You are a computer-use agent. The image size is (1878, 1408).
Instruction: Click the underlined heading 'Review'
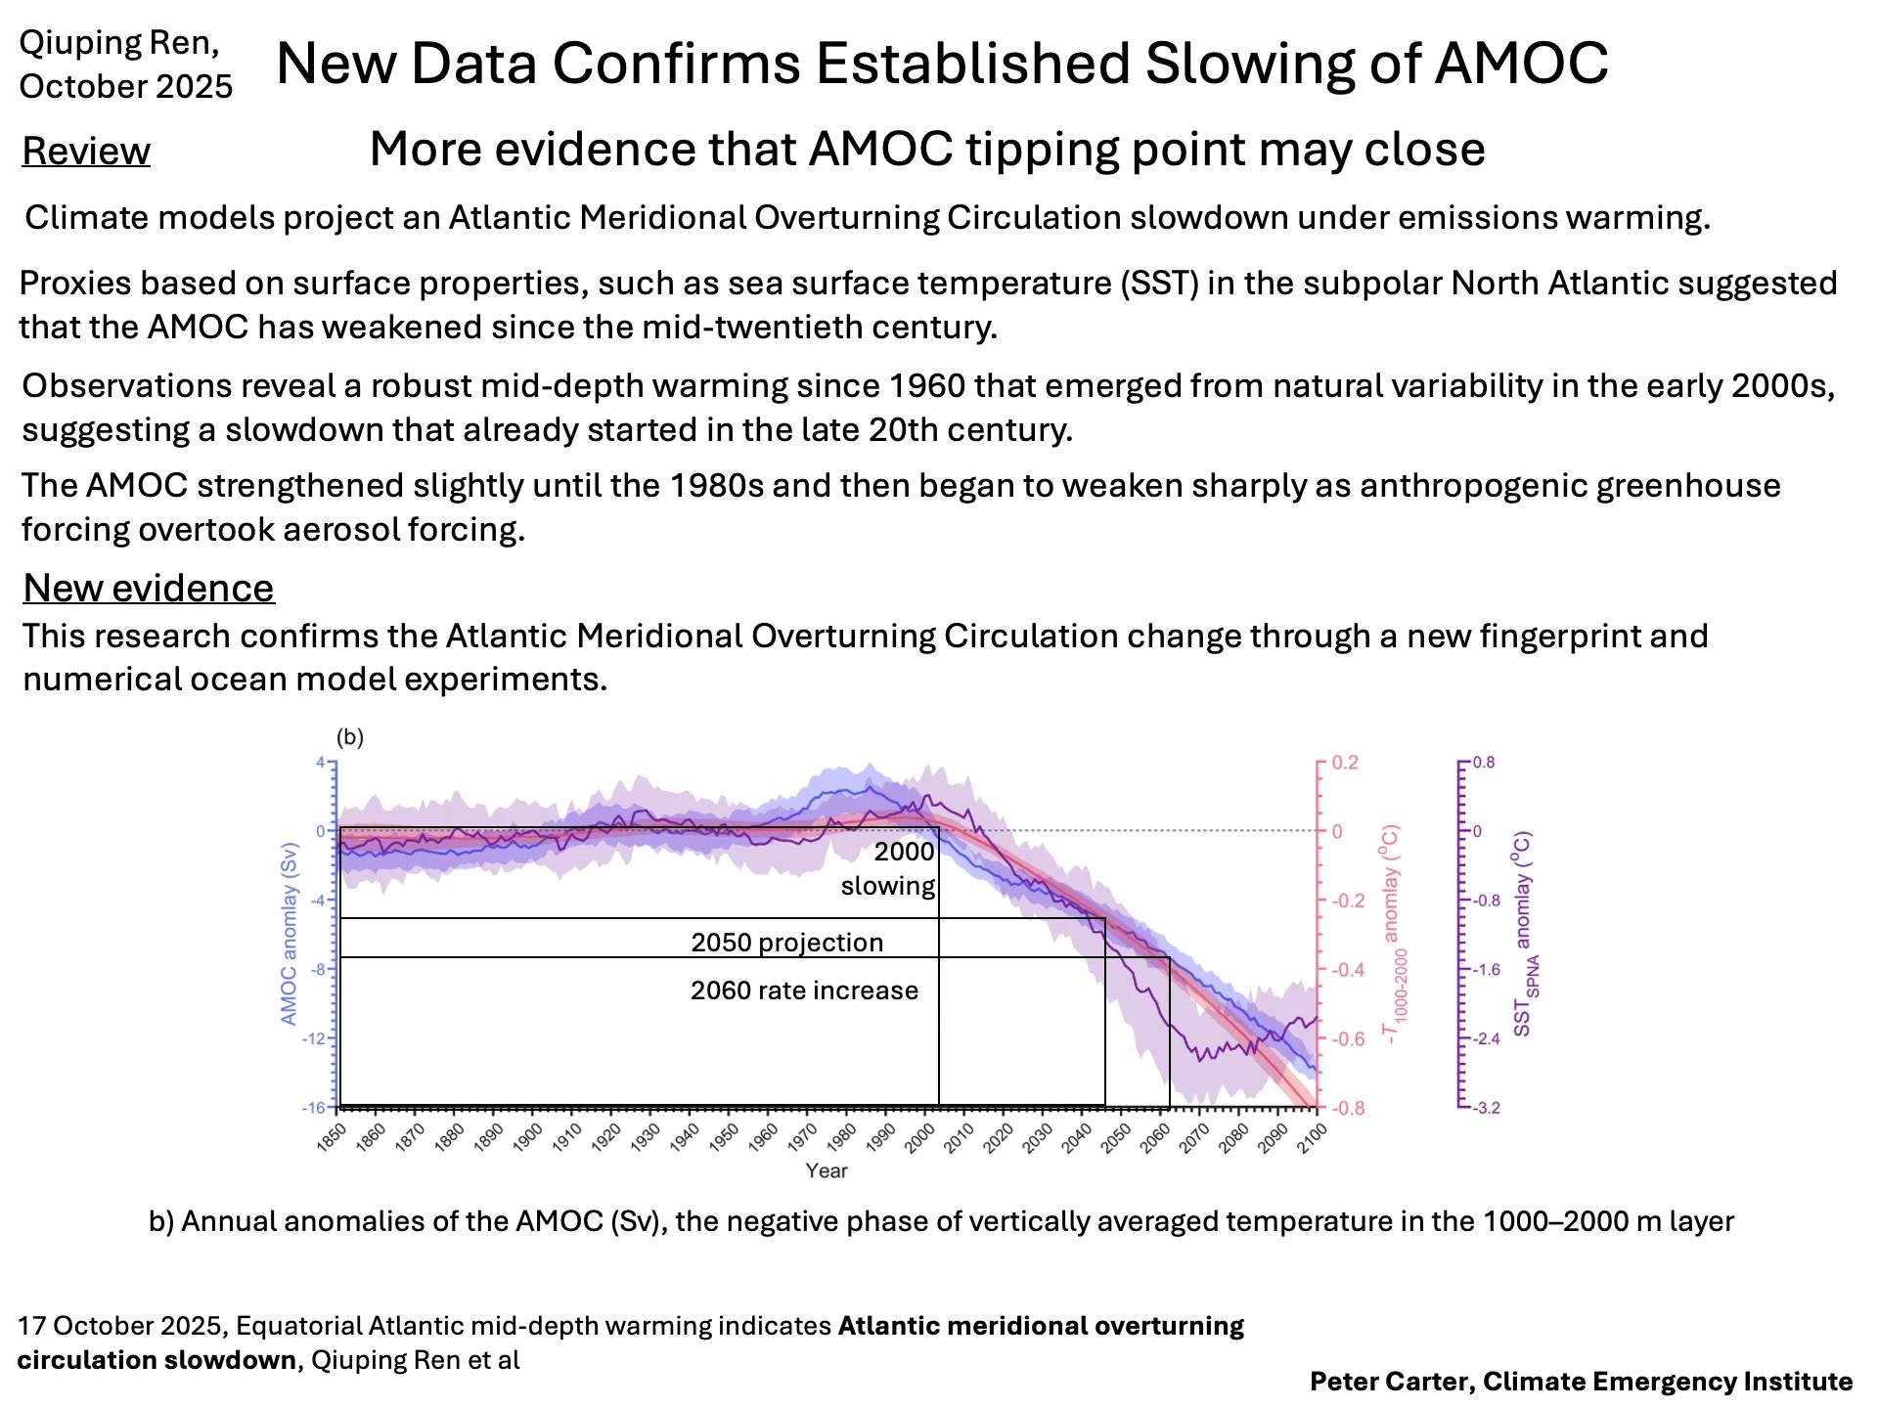pos(86,153)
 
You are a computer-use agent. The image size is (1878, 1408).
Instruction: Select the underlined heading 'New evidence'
pos(149,589)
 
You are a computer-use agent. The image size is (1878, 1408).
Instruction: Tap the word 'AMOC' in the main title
pos(1521,65)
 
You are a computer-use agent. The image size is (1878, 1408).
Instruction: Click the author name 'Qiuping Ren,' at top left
pos(119,43)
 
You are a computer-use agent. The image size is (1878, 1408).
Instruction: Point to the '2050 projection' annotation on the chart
pos(786,943)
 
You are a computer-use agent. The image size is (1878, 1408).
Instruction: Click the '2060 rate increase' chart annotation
pos(804,990)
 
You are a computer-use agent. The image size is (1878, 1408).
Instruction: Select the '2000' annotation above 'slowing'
pos(904,852)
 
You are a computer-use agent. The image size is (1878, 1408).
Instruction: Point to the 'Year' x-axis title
pos(827,1170)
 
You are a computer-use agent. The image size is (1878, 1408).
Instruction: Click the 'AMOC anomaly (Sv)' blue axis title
pos(289,934)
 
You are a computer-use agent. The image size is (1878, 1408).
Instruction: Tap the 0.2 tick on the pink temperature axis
pos(1346,763)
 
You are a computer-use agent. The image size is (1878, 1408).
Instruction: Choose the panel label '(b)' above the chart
pos(349,737)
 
